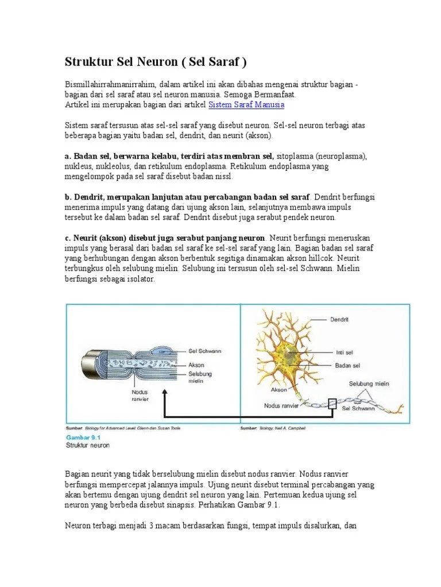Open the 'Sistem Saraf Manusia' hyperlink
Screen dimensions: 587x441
[246, 105]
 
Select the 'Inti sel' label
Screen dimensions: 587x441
[343, 352]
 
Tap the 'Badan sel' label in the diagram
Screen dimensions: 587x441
[347, 365]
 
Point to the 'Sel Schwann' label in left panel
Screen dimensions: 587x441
[205, 351]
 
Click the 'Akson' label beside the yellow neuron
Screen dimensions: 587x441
[280, 389]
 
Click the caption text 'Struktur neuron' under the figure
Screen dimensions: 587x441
[88, 445]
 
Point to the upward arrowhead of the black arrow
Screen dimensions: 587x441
[165, 394]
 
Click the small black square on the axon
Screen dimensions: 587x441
[332, 405]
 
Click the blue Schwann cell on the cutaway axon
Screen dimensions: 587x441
[157, 349]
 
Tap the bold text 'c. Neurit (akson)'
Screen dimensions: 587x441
[98, 238]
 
